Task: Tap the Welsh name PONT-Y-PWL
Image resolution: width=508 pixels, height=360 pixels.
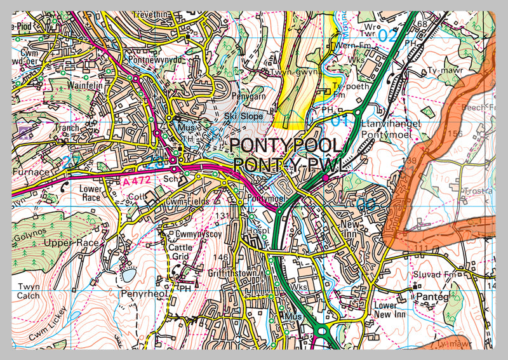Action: pyautogui.click(x=291, y=164)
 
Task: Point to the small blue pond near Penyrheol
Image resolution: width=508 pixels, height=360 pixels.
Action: pyautogui.click(x=128, y=276)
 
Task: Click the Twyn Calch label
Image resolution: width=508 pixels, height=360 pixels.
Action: pyautogui.click(x=29, y=291)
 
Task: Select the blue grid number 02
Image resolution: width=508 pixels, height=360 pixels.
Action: pyautogui.click(x=387, y=36)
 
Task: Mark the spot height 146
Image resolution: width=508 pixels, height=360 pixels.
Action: pyautogui.click(x=220, y=257)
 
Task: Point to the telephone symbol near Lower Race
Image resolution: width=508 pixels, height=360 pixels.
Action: pyautogui.click(x=64, y=187)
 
